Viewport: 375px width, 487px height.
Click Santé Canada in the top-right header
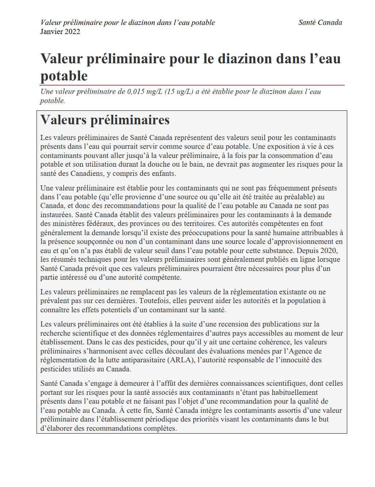click(x=320, y=23)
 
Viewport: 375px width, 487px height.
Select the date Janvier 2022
click(x=60, y=32)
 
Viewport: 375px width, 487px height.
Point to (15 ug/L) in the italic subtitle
click(x=179, y=92)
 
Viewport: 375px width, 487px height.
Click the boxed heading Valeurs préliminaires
click(x=105, y=120)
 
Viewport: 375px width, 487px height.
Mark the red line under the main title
click(x=192, y=85)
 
